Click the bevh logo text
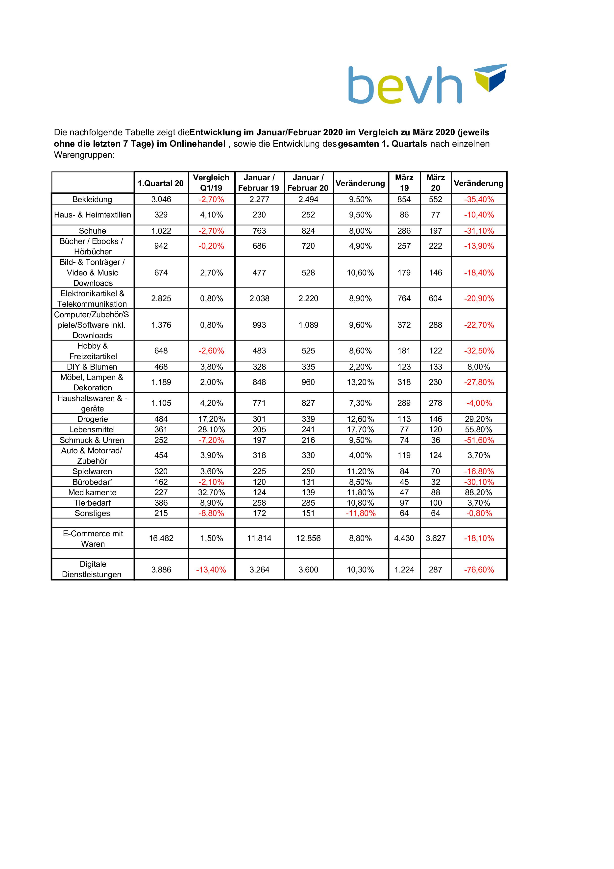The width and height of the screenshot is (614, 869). pyautogui.click(x=405, y=85)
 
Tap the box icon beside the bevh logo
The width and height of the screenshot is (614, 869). pyautogui.click(x=491, y=77)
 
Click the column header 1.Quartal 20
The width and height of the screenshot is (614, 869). pyautogui.click(x=160, y=183)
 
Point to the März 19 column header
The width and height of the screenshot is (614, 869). pyautogui.click(x=404, y=183)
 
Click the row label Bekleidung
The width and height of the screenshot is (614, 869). pyautogui.click(x=92, y=199)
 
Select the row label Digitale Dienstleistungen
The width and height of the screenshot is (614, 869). pyautogui.click(x=92, y=569)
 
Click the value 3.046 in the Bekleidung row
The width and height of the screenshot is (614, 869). pyautogui.click(x=161, y=199)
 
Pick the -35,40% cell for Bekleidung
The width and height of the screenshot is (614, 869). pyautogui.click(x=479, y=199)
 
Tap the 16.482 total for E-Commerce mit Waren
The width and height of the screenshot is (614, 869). pyautogui.click(x=161, y=538)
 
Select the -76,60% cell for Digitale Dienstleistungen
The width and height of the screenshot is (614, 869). pyautogui.click(x=479, y=570)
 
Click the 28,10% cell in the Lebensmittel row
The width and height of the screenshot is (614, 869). pyautogui.click(x=211, y=430)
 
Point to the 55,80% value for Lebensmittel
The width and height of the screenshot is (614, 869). pyautogui.click(x=479, y=430)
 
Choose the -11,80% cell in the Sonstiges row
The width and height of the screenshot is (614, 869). pyautogui.click(x=360, y=513)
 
